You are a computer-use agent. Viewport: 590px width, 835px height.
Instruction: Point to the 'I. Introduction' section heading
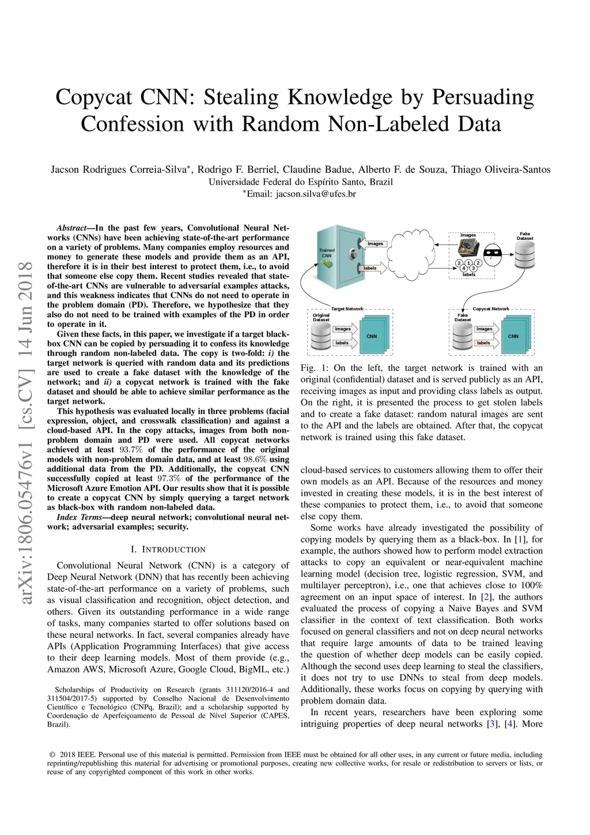pos(168,550)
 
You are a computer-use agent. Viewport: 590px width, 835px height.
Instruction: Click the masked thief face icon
pos(491,253)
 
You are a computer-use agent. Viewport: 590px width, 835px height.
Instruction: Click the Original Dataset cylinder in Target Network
pos(321,336)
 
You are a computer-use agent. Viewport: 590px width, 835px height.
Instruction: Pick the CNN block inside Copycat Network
pos(513,336)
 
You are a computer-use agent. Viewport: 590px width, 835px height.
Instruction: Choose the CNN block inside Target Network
pos(372,336)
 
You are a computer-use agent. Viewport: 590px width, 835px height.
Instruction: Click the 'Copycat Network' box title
pos(491,309)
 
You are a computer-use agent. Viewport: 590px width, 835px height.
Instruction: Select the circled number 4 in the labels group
pos(464,268)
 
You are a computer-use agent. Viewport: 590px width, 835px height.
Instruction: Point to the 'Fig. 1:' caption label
pos(314,368)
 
